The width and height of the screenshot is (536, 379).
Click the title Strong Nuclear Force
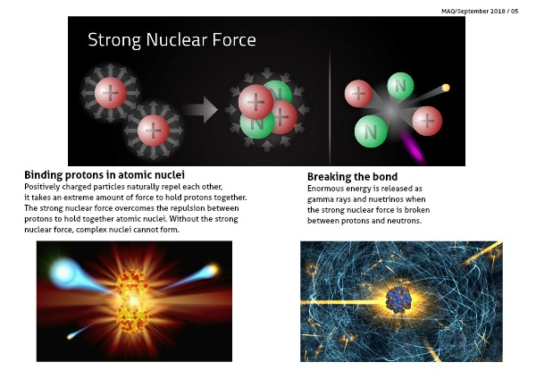(172, 40)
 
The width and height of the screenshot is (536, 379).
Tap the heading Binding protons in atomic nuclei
(105, 175)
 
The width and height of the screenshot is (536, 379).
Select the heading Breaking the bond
(353, 176)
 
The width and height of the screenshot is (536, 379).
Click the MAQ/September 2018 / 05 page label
(480, 11)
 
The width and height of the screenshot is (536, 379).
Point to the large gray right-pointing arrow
(200, 110)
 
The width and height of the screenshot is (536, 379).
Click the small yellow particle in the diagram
(446, 88)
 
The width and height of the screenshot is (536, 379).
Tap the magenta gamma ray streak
(412, 146)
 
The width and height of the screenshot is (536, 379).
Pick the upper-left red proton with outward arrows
(111, 93)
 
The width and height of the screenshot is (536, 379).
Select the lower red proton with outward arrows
(153, 131)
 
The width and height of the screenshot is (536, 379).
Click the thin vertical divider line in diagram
(330, 108)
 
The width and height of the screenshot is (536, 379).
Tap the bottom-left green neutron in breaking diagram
(371, 131)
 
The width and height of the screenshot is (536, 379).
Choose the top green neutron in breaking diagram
(400, 86)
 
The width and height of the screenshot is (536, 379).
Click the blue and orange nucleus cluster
(398, 299)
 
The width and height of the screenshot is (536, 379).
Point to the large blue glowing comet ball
(63, 273)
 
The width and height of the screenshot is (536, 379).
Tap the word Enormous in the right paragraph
(322, 189)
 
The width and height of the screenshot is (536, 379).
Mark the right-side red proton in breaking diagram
(427, 121)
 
